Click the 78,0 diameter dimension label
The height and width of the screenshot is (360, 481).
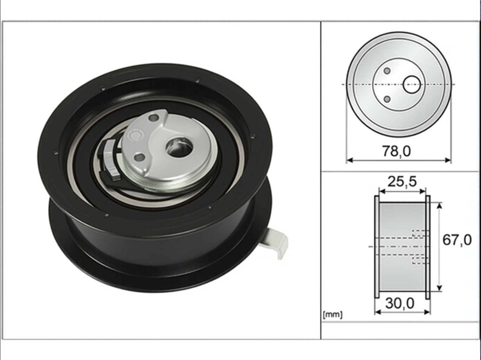tap(396, 151)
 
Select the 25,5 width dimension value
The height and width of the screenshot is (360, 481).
tap(402, 182)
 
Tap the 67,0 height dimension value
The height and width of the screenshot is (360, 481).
tap(457, 240)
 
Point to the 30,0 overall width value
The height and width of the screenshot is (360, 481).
tap(400, 303)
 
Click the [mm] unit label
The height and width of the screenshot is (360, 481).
tap(332, 315)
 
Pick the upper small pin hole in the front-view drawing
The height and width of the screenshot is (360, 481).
tap(387, 71)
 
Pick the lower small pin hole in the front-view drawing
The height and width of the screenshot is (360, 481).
tap(387, 99)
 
